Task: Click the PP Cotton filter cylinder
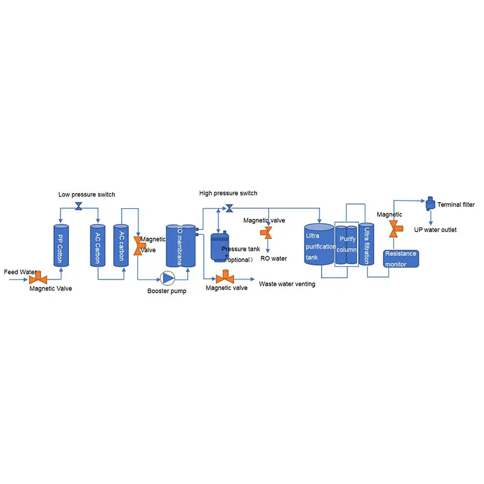(61, 246)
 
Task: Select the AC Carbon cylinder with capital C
(97, 246)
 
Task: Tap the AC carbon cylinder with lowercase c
(121, 246)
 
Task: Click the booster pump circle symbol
(168, 278)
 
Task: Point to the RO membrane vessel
(181, 246)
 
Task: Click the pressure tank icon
(220, 247)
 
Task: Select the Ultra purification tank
(319, 244)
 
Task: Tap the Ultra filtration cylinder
(367, 244)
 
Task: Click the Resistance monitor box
(401, 259)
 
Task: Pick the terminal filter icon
(430, 204)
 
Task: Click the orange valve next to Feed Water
(38, 278)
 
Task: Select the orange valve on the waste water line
(225, 277)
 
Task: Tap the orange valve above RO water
(266, 233)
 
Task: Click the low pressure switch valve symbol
(79, 206)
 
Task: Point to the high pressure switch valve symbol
(229, 208)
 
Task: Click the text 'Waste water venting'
(287, 284)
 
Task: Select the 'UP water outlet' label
(435, 230)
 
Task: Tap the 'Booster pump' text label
(167, 291)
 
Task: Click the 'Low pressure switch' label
(87, 194)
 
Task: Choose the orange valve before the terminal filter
(395, 229)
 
